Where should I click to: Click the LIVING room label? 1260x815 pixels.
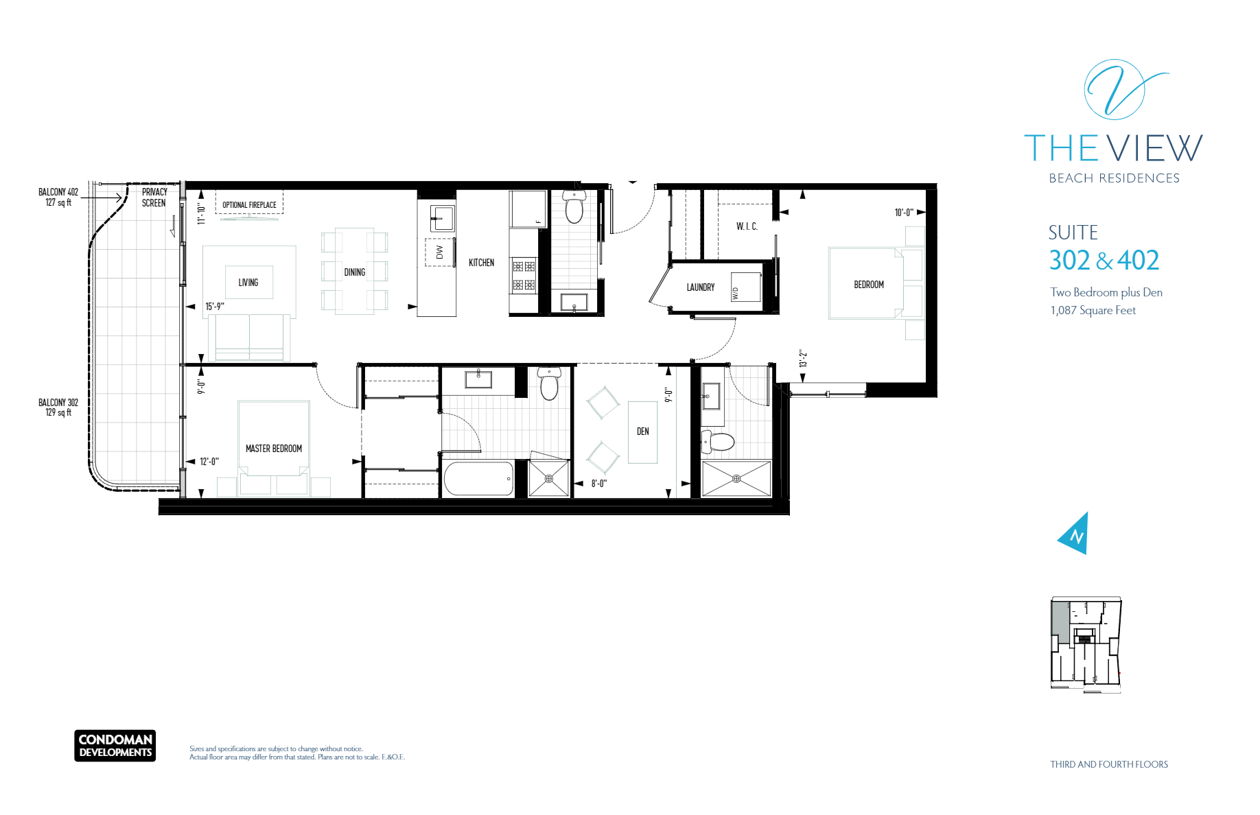click(x=248, y=283)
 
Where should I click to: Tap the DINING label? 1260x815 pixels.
click(x=355, y=272)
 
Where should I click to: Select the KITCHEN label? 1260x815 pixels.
click(x=481, y=263)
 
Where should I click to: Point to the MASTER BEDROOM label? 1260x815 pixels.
click(x=274, y=449)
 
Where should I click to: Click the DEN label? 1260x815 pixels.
click(x=643, y=432)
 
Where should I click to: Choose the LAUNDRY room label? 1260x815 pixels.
click(x=701, y=287)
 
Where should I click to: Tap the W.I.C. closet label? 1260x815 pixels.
click(x=747, y=226)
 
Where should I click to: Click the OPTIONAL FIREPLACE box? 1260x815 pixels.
click(x=249, y=204)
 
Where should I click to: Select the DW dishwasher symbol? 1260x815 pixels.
click(x=439, y=252)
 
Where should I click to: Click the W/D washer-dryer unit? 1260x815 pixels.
click(x=746, y=287)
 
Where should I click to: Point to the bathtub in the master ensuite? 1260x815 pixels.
click(x=478, y=479)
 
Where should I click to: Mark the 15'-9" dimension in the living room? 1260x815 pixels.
click(x=215, y=307)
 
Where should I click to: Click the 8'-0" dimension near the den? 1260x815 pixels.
click(x=599, y=484)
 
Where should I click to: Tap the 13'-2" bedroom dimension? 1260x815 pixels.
click(x=803, y=359)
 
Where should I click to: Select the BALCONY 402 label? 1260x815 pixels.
click(x=58, y=197)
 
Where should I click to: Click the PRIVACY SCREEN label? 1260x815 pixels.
click(x=154, y=198)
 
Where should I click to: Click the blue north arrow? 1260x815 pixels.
click(x=1075, y=534)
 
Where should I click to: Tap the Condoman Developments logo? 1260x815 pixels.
click(x=115, y=746)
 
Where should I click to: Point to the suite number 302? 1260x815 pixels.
click(x=1069, y=261)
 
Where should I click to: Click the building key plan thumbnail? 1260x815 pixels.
click(x=1086, y=644)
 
